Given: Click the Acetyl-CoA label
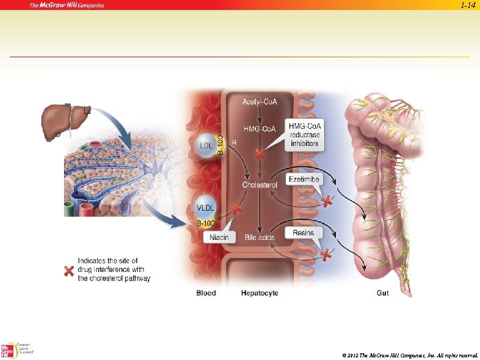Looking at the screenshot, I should click(x=259, y=102).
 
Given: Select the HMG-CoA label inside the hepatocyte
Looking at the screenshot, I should click(x=259, y=129).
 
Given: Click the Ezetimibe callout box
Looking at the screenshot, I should click(x=304, y=179).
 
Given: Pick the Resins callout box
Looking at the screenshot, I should click(x=303, y=233).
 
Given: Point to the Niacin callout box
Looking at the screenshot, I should click(x=219, y=237).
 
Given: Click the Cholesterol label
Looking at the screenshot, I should click(x=259, y=185).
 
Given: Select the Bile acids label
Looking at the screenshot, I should click(x=259, y=237).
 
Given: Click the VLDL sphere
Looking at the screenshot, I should click(x=205, y=207).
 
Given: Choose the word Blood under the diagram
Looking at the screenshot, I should click(x=206, y=293).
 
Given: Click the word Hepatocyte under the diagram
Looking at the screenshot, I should click(x=259, y=293).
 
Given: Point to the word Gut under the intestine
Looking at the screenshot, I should click(x=383, y=293).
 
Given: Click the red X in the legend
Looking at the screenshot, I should click(x=67, y=271).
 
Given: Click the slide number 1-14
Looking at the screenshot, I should click(x=468, y=5).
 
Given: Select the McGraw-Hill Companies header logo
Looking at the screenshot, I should click(x=67, y=5).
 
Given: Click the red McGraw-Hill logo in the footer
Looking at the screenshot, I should click(x=9, y=350).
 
